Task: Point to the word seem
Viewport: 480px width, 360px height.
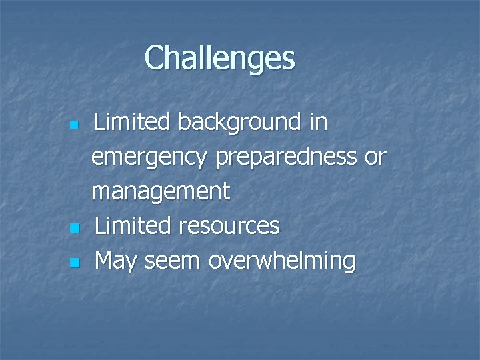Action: pyautogui.click(x=174, y=261)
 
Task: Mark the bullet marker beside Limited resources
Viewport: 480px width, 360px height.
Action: pyautogui.click(x=75, y=229)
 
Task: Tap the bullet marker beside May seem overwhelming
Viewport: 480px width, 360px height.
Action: pyautogui.click(x=75, y=263)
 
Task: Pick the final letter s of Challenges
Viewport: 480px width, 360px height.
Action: pyautogui.click(x=288, y=60)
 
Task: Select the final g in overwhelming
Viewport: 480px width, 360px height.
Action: pyautogui.click(x=348, y=264)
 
